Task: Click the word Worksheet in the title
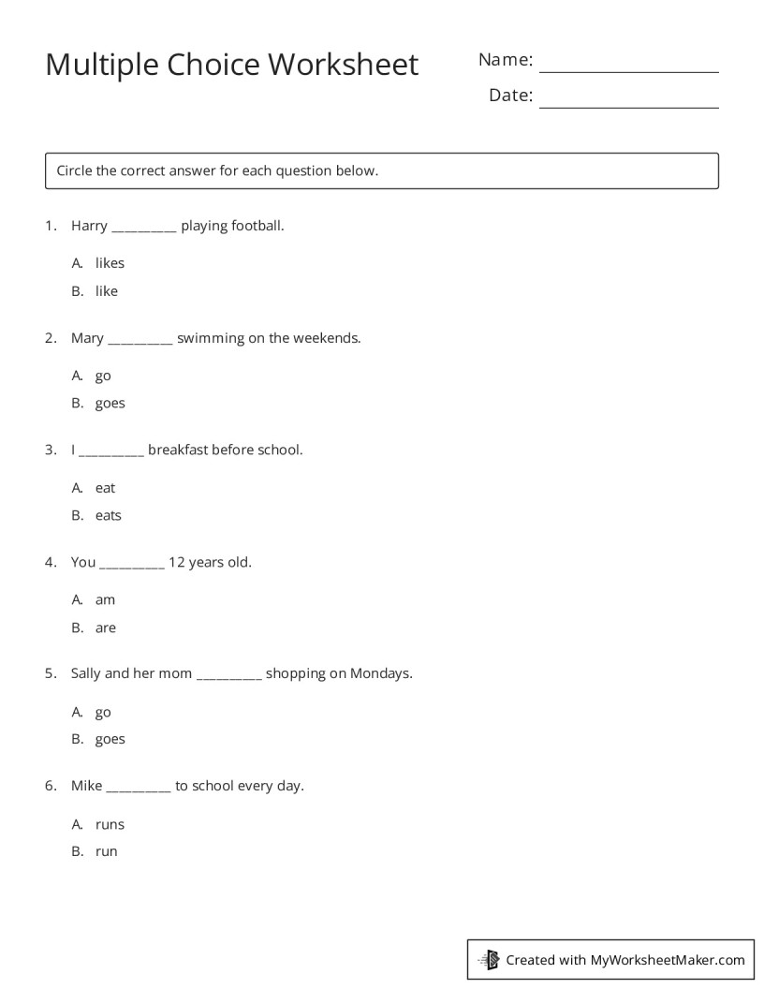tap(343, 65)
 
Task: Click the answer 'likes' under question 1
tap(110, 263)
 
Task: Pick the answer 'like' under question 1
tap(107, 291)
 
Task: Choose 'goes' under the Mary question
tap(110, 404)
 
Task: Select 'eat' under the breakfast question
tap(105, 488)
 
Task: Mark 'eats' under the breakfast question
tap(108, 515)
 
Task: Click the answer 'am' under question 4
tap(105, 599)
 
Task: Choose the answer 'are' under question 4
tap(105, 627)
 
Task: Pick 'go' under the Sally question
tap(103, 713)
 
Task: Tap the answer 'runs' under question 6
tap(110, 824)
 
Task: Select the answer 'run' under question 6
tap(106, 851)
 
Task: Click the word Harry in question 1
tap(89, 226)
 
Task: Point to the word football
tap(253, 226)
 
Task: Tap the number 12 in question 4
tap(176, 562)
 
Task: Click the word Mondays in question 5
tap(381, 673)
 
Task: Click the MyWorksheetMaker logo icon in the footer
tap(489, 959)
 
